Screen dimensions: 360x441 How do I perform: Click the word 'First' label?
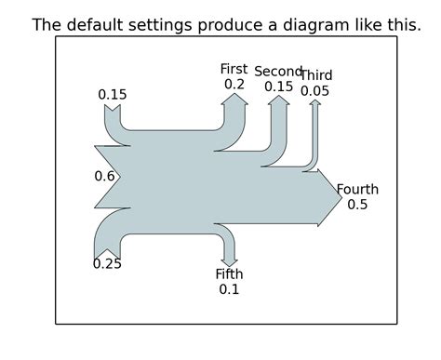[x=234, y=69]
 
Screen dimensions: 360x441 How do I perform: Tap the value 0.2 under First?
[x=234, y=84]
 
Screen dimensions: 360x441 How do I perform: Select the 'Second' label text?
[x=278, y=72]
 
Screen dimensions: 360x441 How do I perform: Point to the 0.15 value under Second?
[x=278, y=87]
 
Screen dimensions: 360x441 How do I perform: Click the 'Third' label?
[x=316, y=75]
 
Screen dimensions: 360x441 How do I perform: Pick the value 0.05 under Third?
[x=315, y=91]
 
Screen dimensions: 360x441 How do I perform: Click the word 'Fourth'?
[x=357, y=190]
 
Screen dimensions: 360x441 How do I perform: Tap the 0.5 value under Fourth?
[x=357, y=205]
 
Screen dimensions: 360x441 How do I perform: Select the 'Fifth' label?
[x=229, y=273]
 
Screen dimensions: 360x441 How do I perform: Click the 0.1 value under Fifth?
[x=229, y=289]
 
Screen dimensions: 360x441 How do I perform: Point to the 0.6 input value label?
[x=104, y=176]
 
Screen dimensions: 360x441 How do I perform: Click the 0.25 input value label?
[x=107, y=264]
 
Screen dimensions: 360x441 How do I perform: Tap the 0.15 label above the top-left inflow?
[x=113, y=95]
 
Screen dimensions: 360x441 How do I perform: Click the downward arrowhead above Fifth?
[x=229, y=260]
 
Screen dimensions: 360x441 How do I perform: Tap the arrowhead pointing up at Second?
[x=278, y=102]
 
